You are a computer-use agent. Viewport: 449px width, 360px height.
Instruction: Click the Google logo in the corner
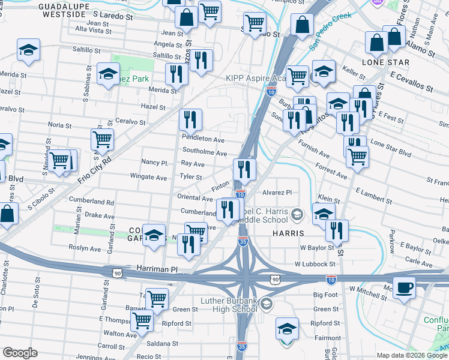pos(20,353)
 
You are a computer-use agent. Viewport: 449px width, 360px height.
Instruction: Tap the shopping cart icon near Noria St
pos(103,139)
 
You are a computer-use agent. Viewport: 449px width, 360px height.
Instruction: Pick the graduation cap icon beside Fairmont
pos(287,329)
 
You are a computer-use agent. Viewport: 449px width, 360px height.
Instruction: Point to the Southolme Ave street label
pos(204,153)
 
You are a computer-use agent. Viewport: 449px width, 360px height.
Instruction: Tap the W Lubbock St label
pos(315,264)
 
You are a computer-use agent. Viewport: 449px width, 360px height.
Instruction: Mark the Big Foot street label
pos(326,295)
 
